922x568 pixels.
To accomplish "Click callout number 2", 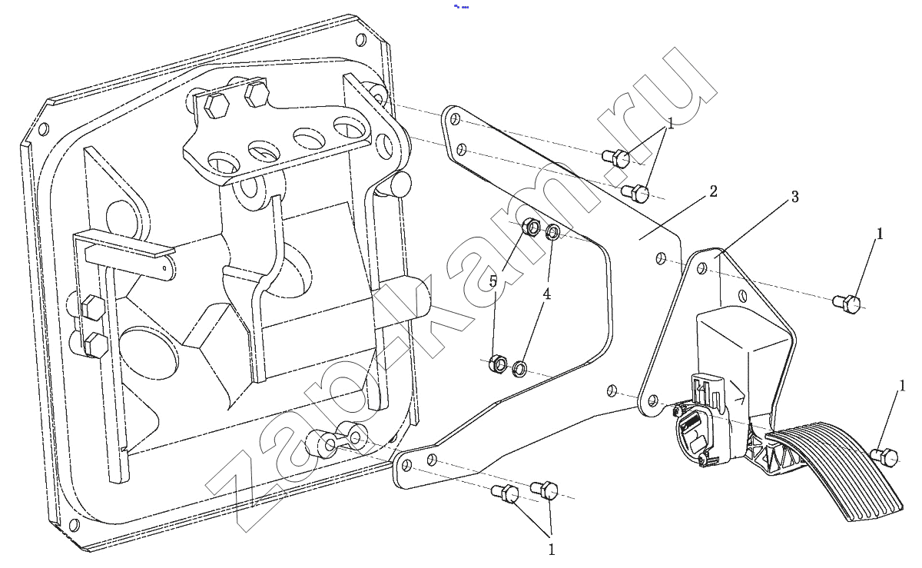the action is pyautogui.click(x=713, y=191).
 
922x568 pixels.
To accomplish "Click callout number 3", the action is pyautogui.click(x=794, y=197).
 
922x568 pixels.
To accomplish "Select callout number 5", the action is pyautogui.click(x=493, y=282).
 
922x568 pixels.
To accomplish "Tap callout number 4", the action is pyautogui.click(x=546, y=294).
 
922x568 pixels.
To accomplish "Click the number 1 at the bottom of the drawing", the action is pyautogui.click(x=552, y=550).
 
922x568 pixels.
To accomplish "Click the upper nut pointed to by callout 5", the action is pyautogui.click(x=531, y=227).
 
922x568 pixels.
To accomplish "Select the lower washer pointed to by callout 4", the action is pyautogui.click(x=519, y=369).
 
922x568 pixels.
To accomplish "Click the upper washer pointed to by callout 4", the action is pyautogui.click(x=552, y=233).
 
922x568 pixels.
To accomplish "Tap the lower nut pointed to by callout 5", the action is pyautogui.click(x=498, y=364).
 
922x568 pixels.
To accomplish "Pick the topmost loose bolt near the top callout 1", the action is pyautogui.click(x=615, y=158).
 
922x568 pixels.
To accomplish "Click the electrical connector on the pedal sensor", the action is pyautogui.click(x=707, y=389).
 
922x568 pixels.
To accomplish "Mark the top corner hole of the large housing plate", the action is pyautogui.click(x=360, y=41).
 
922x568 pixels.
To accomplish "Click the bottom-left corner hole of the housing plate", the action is pyautogui.click(x=74, y=525).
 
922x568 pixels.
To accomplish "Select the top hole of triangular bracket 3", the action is pyautogui.click(x=701, y=269).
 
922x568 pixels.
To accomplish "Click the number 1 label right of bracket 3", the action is pyautogui.click(x=880, y=234).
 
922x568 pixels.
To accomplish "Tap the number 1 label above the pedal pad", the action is pyautogui.click(x=902, y=386).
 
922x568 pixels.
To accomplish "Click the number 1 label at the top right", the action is pyautogui.click(x=671, y=124).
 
